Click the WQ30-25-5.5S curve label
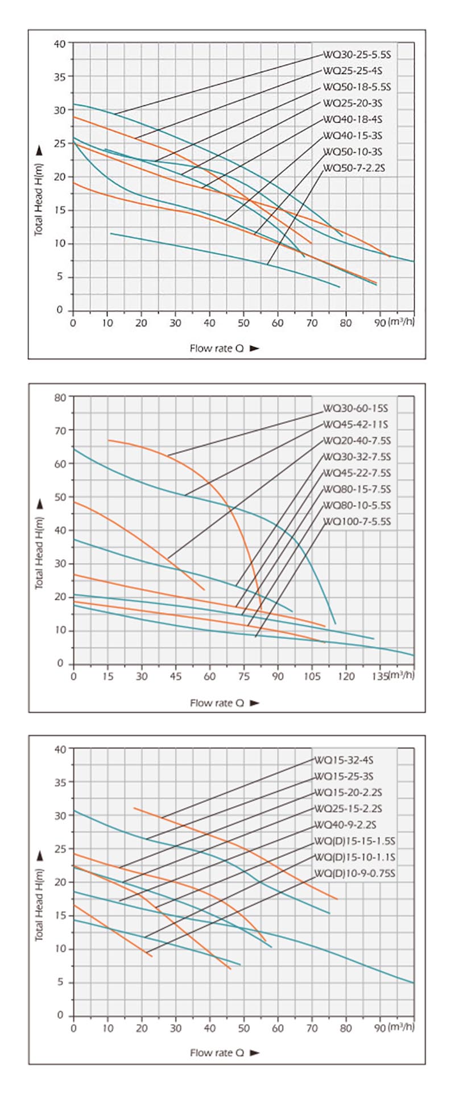click(x=358, y=55)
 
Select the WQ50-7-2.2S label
click(x=354, y=168)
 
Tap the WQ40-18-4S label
click(x=353, y=119)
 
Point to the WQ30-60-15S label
click(x=355, y=408)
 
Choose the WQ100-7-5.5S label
click(x=357, y=522)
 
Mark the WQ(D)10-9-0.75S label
click(x=354, y=873)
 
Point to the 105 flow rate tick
click(x=312, y=676)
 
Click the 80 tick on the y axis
click(x=60, y=397)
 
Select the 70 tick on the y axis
click(x=60, y=430)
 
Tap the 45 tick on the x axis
click(x=176, y=676)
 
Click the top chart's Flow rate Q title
click(x=217, y=348)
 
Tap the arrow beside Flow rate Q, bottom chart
click(x=254, y=1053)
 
